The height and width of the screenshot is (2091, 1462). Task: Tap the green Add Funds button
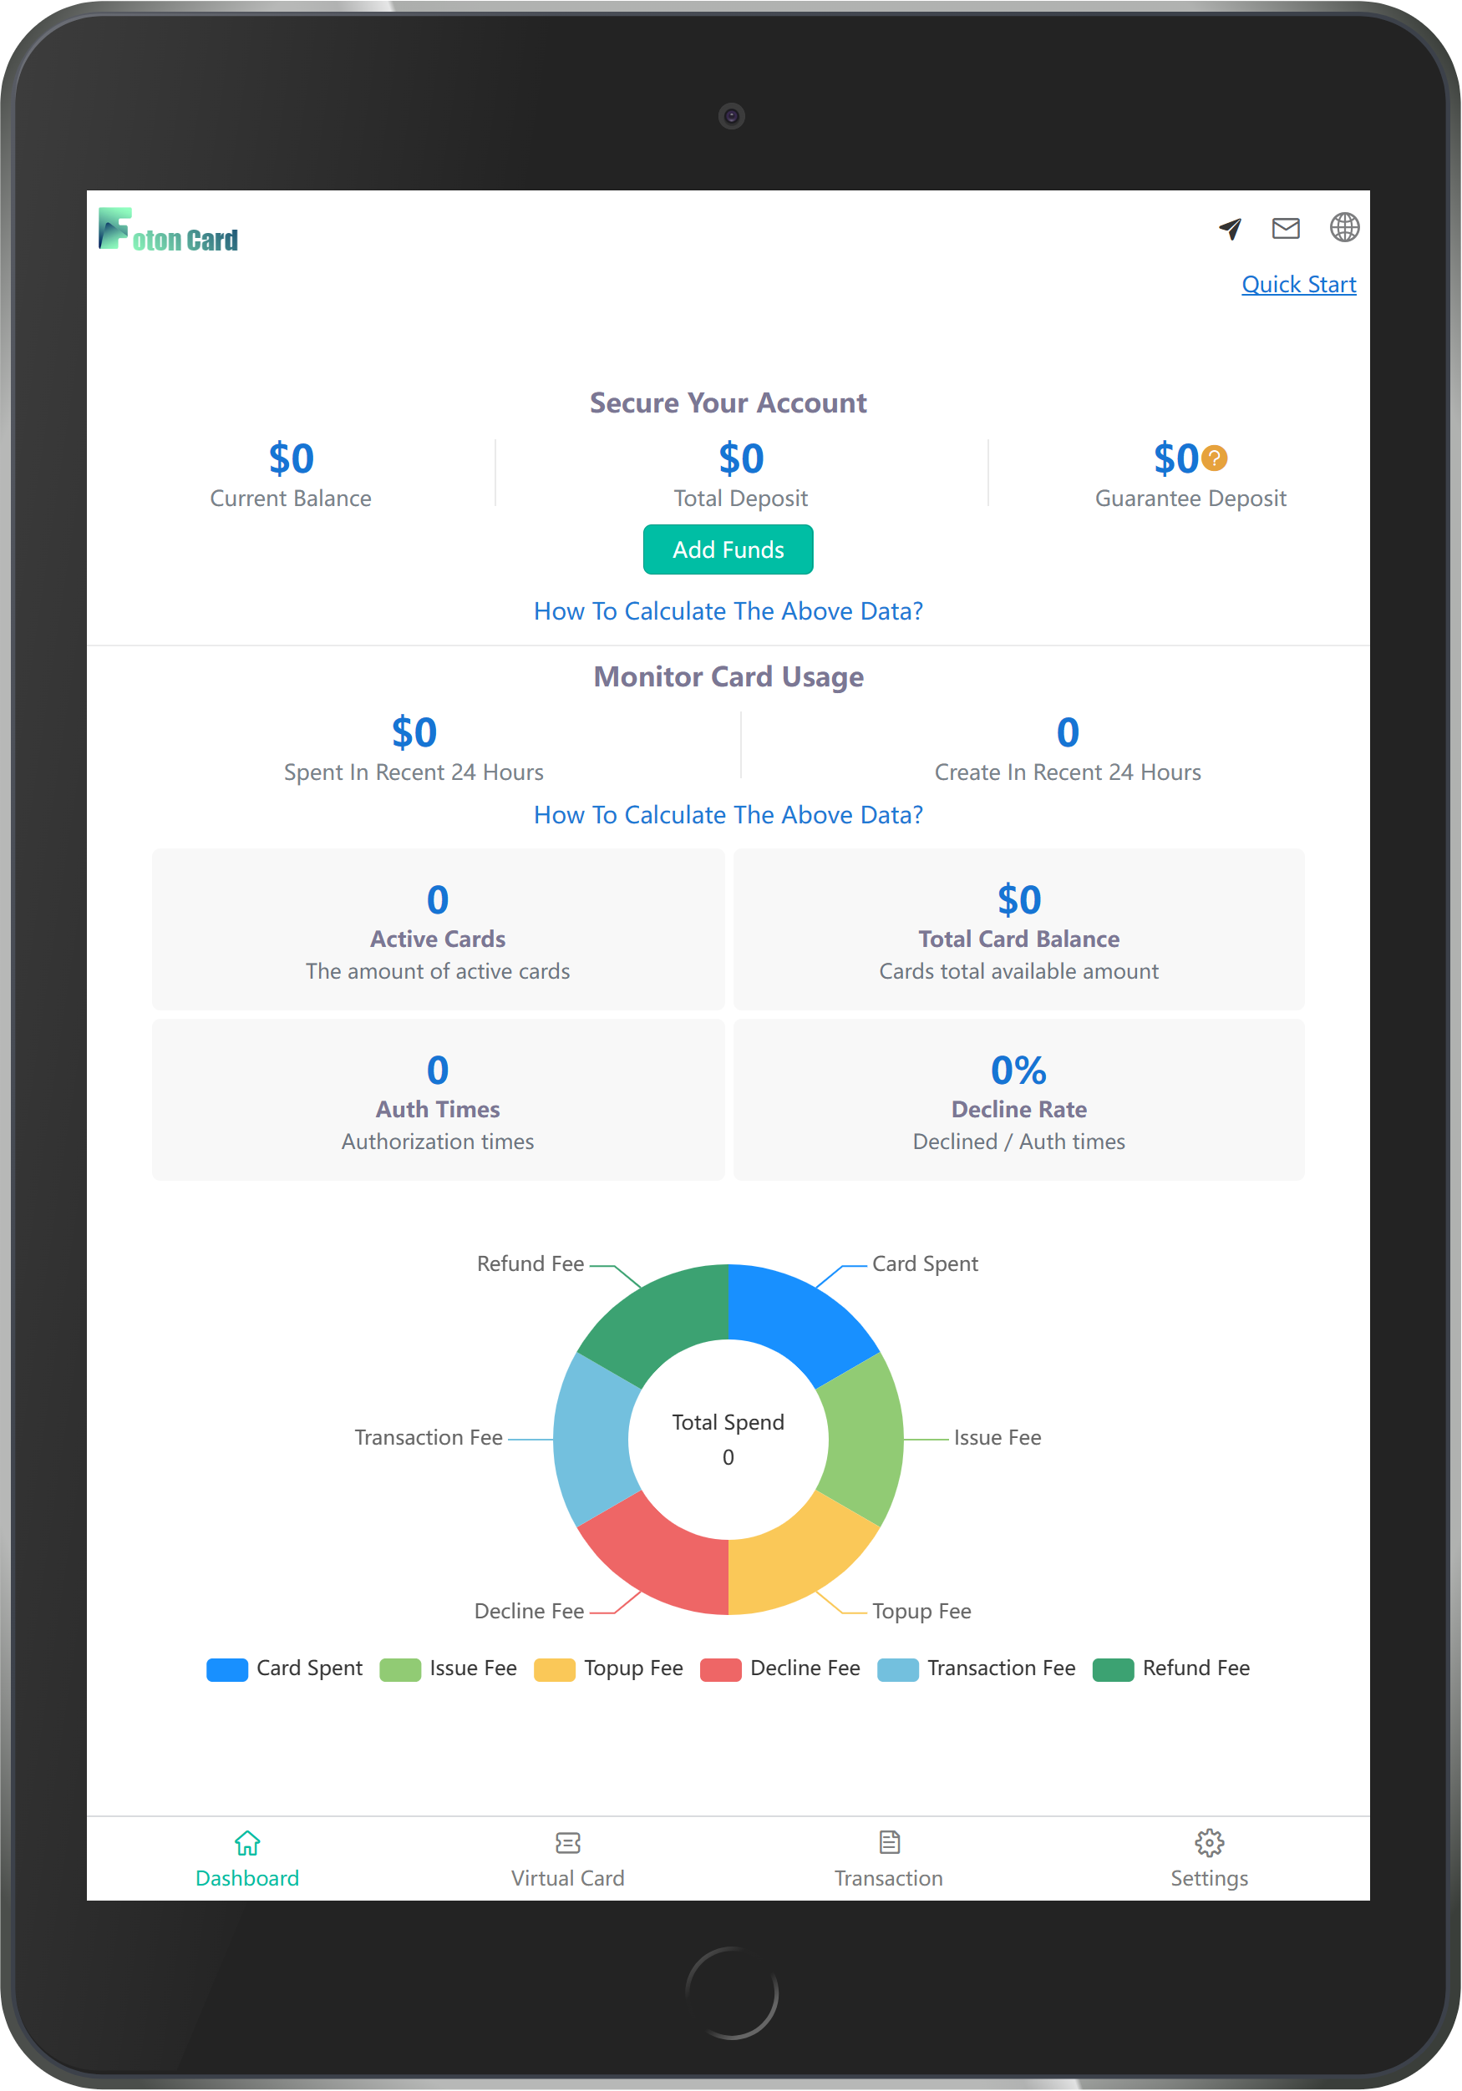728,549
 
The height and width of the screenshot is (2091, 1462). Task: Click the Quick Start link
1298,284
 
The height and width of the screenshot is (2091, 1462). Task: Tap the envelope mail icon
1285,228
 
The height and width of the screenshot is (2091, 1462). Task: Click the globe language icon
1343,228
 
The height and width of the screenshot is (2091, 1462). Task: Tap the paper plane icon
1230,229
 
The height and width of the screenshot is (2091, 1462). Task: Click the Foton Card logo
169,230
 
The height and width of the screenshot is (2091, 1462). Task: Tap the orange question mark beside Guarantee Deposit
1214,458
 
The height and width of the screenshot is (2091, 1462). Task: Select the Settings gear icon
1209,1842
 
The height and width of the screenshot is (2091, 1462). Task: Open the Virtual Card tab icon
567,1842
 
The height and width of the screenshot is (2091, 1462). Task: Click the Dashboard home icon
246,1842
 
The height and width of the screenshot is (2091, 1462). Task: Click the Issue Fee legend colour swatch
400,1669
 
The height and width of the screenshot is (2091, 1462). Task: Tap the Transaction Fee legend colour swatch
897,1669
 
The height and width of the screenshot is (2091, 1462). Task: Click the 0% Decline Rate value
1018,1070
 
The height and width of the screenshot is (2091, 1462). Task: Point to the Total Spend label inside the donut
728,1423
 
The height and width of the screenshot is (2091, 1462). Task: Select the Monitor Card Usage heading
728,676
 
